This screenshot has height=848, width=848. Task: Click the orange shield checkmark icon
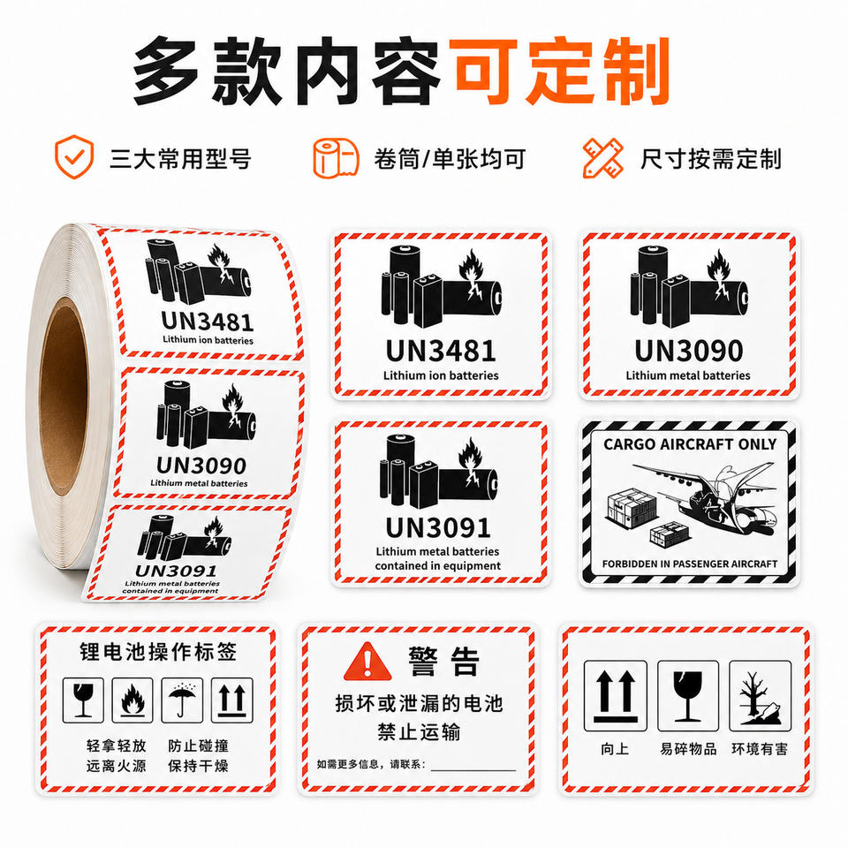pos(74,157)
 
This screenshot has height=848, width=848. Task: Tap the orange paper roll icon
pos(336,158)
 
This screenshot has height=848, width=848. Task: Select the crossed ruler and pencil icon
pos(602,158)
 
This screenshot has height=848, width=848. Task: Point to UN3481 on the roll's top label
pos(208,322)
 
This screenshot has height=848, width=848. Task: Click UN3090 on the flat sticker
pos(688,351)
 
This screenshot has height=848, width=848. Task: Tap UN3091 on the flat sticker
pos(438,528)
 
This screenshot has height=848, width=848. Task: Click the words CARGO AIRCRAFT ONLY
pos(690,444)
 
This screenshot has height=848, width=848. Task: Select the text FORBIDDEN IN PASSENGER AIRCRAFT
pos(690,564)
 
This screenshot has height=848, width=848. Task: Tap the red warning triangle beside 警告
pos(367,662)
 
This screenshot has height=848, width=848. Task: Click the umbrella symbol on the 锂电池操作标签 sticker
pos(182,700)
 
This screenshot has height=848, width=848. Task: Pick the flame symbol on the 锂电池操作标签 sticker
pos(132,700)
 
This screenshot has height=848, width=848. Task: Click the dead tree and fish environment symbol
pos(760,696)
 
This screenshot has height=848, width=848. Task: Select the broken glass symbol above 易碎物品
pos(687,696)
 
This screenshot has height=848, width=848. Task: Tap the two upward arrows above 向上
pos(615,696)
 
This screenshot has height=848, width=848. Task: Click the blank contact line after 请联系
pos(473,769)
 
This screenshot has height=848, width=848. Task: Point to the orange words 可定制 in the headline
pos(562,71)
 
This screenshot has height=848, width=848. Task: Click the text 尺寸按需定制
pos(710,159)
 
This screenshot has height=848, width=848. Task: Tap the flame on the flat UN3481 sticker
pos(472,273)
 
